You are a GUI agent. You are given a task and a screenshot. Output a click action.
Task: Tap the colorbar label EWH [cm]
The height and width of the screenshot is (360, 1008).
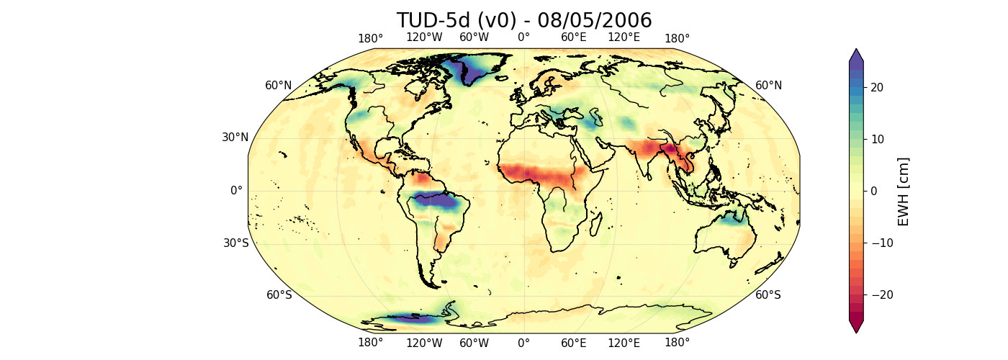(904, 192)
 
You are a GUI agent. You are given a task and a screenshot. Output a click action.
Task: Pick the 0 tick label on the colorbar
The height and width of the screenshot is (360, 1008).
(874, 191)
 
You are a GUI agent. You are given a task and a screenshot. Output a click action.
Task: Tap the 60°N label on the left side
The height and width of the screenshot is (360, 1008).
(279, 86)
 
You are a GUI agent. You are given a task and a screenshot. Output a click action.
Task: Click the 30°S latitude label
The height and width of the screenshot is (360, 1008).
(235, 243)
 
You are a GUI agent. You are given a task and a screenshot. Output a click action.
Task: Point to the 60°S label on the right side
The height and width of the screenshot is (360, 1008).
(768, 294)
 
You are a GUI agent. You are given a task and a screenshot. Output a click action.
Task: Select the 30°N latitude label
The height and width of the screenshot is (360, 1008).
(235, 138)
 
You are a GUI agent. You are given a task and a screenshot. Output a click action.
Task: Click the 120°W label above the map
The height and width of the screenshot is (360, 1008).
(424, 37)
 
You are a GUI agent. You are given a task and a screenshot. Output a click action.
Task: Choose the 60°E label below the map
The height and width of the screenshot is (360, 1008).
(574, 343)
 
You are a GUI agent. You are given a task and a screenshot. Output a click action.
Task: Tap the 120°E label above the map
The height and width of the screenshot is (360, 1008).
(624, 37)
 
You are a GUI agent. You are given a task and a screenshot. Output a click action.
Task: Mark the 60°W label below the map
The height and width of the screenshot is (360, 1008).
(474, 343)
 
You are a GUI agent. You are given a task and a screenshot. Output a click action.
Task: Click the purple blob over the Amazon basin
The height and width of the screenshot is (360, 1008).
(439, 201)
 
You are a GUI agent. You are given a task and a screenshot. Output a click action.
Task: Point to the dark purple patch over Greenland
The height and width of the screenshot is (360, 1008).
(467, 69)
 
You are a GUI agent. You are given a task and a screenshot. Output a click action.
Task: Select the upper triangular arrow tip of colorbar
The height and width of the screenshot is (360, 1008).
(855, 55)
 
